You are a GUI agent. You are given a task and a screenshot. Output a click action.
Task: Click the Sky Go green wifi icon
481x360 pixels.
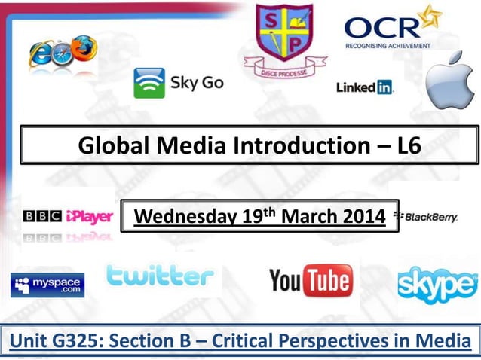pyautogui.click(x=149, y=83)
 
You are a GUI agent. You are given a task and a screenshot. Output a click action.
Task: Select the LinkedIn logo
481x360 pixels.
pyautogui.click(x=365, y=87)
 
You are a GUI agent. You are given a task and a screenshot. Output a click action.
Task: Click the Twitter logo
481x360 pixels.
pyautogui.click(x=161, y=278)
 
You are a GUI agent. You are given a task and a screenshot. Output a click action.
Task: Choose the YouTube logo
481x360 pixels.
pyautogui.click(x=310, y=282)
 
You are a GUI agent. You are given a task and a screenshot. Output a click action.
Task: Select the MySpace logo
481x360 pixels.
pyautogui.click(x=47, y=285)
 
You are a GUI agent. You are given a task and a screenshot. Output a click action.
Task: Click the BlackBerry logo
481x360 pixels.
pyautogui.click(x=430, y=217)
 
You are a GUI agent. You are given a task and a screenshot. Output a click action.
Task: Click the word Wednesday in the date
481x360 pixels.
pyautogui.click(x=175, y=217)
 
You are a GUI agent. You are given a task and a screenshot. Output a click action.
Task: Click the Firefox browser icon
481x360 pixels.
pyautogui.click(x=84, y=47)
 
